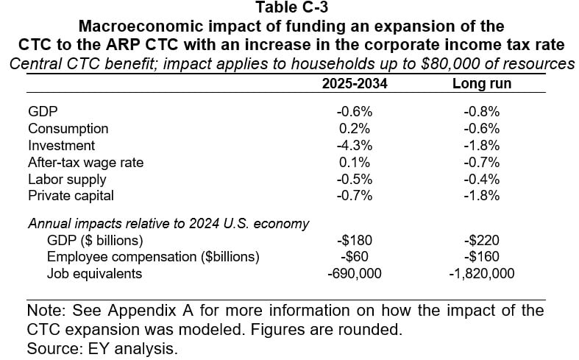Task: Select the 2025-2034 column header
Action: (355, 84)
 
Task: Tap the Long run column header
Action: (482, 84)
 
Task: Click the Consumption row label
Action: (68, 129)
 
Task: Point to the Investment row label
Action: (61, 146)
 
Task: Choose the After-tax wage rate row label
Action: (85, 162)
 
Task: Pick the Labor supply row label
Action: (67, 179)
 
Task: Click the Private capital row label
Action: (72, 195)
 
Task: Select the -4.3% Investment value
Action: (355, 146)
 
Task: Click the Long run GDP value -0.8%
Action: (482, 113)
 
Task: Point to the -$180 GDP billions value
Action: (355, 241)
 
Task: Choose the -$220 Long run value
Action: (482, 241)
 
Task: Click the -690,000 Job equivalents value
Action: (355, 274)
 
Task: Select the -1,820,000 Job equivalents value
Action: (482, 274)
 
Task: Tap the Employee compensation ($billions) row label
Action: (153, 257)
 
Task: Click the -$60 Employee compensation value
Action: (355, 257)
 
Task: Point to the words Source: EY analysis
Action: (102, 349)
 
